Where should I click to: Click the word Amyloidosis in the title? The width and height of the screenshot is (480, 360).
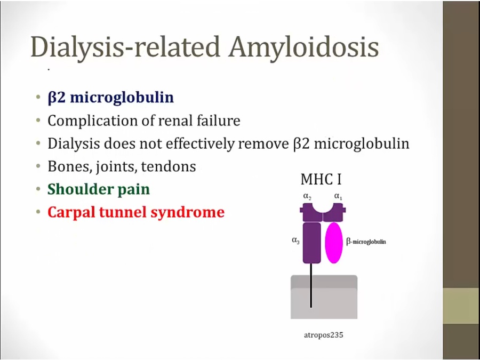(x=303, y=47)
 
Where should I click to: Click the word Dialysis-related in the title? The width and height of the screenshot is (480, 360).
(x=125, y=46)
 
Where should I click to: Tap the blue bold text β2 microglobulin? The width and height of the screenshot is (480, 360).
(x=111, y=98)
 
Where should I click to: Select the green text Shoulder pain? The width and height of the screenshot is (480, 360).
(x=99, y=189)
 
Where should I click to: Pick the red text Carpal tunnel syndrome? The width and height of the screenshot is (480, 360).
(x=136, y=212)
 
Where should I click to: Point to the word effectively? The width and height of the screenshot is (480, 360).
(x=200, y=143)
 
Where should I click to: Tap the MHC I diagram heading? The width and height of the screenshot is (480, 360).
(x=321, y=179)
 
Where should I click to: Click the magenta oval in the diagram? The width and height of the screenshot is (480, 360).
(x=334, y=243)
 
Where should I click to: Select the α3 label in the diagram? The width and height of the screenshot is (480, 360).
(x=295, y=241)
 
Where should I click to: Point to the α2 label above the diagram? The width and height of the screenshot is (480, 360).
(x=307, y=196)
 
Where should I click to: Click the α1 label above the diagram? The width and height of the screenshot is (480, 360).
(x=338, y=196)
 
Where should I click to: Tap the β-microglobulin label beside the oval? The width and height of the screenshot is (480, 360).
(x=366, y=242)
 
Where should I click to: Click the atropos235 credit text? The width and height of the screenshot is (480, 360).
(x=324, y=335)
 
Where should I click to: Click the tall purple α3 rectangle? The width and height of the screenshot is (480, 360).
(x=311, y=243)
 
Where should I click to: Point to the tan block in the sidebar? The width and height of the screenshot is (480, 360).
(x=461, y=306)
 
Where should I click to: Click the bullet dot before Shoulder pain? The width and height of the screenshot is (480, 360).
(x=38, y=189)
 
